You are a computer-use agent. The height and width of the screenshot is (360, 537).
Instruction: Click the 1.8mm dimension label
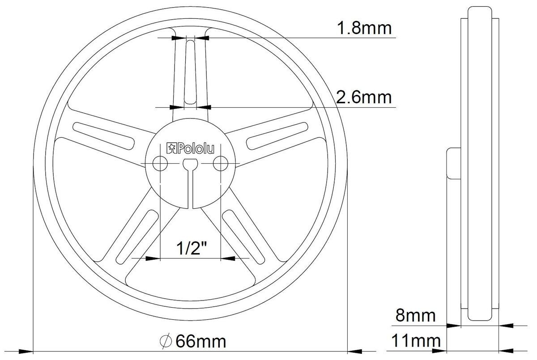pyautogui.click(x=364, y=28)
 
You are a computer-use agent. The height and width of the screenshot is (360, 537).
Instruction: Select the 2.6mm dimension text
pyautogui.click(x=364, y=97)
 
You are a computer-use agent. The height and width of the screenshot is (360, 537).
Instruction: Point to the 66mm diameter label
pyautogui.click(x=201, y=341)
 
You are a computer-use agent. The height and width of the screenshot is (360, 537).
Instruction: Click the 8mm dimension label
pyautogui.click(x=415, y=316)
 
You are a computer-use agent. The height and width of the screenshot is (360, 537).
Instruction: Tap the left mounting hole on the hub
pyautogui.click(x=159, y=164)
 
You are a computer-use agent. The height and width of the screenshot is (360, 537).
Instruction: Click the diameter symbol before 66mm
pyautogui.click(x=166, y=341)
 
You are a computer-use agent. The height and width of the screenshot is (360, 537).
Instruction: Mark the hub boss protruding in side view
pyautogui.click(x=453, y=164)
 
